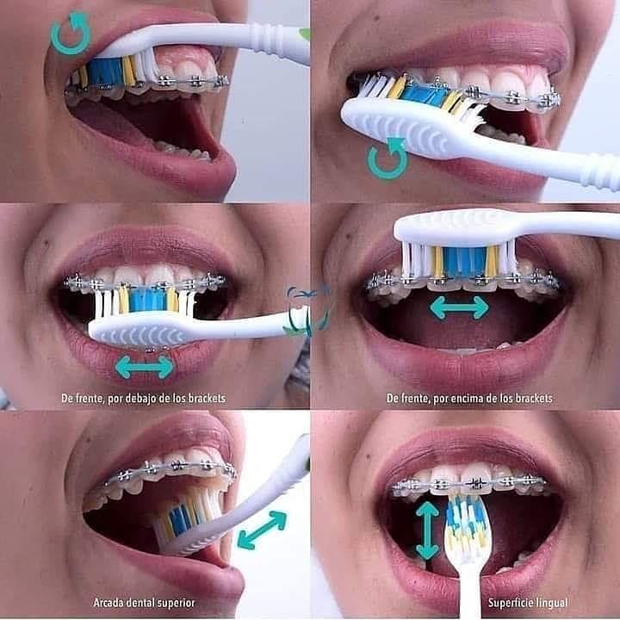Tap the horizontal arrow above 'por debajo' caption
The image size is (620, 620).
145,368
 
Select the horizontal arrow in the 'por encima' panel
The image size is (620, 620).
459,308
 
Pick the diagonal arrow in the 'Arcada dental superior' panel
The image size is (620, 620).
262,530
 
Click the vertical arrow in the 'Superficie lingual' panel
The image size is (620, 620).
427,530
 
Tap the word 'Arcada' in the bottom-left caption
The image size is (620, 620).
107,603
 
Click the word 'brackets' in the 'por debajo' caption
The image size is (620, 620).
207,398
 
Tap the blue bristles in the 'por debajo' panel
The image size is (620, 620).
147,300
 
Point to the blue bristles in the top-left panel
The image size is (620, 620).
105,71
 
